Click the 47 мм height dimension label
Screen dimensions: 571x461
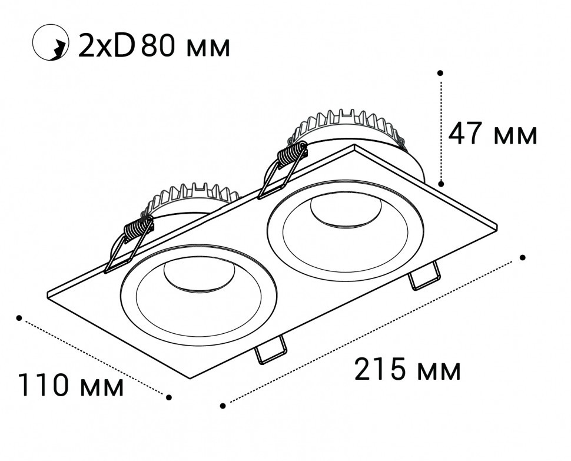tap(492, 134)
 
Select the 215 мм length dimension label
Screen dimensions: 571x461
tap(407, 369)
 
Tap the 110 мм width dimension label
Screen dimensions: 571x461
tap(71, 384)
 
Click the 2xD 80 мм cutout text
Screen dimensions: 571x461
tap(154, 46)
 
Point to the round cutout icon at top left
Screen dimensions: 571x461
tap(51, 42)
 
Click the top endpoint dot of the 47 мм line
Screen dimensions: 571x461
tap(440, 73)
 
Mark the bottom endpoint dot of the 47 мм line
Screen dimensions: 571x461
tap(441, 184)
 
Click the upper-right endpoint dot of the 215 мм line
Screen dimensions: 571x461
tap(523, 257)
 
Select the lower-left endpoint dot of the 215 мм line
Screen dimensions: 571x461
tap(223, 406)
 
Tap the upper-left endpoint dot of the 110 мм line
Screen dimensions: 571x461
tap(19, 318)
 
